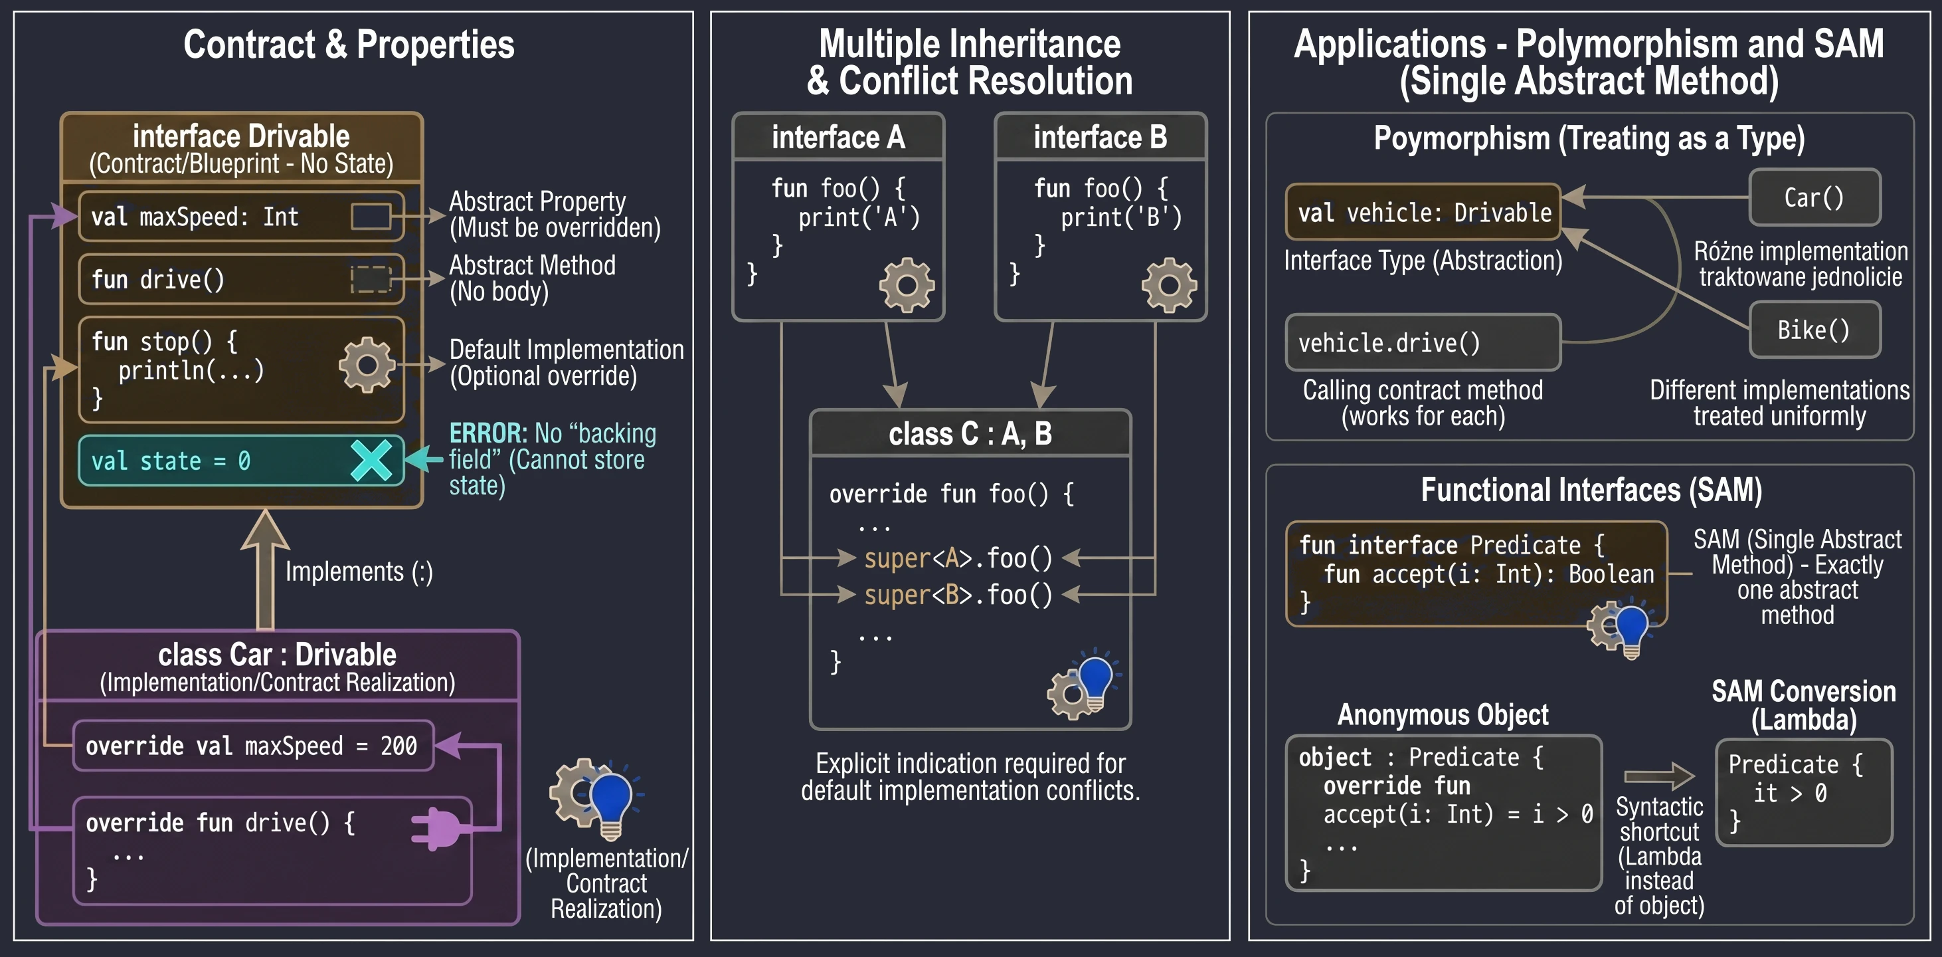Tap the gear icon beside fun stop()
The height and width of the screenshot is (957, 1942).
tap(367, 365)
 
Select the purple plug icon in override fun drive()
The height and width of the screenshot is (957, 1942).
tap(435, 829)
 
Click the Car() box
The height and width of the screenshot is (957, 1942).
tap(1814, 197)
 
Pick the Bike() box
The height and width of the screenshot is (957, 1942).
tap(1814, 330)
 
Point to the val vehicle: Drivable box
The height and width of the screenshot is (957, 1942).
tap(1423, 212)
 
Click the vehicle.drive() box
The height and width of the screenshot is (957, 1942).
tap(1423, 343)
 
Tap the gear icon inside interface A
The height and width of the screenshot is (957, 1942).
tap(907, 285)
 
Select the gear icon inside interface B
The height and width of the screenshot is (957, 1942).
tap(1170, 285)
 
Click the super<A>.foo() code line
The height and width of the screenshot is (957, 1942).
tap(958, 558)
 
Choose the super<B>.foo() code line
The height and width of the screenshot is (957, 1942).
tap(958, 595)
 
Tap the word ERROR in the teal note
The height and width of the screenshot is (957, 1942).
tap(487, 433)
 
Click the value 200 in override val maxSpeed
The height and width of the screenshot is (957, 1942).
tap(398, 746)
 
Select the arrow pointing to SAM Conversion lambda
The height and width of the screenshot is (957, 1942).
tap(1658, 776)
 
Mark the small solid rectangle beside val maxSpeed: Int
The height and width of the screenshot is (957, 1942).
tap(371, 217)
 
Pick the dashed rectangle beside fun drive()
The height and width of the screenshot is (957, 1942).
tap(371, 279)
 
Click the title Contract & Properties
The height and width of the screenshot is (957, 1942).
tap(349, 45)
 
